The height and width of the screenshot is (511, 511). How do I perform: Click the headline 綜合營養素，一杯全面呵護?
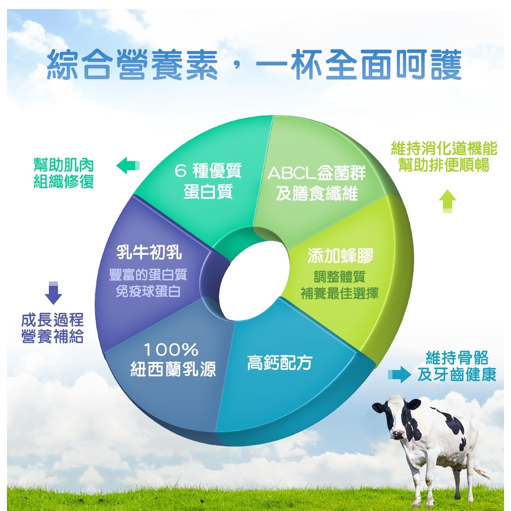tap(254, 65)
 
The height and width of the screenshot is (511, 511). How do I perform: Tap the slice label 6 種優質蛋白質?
tap(208, 181)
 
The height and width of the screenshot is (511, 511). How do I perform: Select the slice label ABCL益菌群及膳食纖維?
tap(316, 183)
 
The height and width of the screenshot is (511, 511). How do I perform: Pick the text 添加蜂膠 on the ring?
tap(340, 255)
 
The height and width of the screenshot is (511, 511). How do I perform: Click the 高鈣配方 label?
tap(279, 362)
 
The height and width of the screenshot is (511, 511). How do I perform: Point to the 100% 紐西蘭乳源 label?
tap(173, 360)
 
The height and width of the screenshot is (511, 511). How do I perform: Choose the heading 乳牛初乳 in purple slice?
tap(149, 252)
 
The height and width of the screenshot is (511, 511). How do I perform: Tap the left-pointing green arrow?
tap(128, 166)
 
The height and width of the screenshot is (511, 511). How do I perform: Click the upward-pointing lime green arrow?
tap(448, 201)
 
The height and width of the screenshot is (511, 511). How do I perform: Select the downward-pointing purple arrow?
tap(53, 293)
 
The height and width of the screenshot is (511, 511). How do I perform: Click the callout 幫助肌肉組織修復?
tap(63, 173)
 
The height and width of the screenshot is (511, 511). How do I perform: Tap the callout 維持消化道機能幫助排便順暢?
tap(444, 156)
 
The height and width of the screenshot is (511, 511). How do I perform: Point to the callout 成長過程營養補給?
tap(52, 328)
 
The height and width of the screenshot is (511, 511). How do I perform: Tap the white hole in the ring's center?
tap(255, 281)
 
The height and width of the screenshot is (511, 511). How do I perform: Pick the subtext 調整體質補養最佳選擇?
tap(339, 285)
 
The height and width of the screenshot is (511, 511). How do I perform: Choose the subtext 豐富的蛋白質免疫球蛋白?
tap(148, 283)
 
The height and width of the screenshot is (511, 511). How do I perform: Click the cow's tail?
tap(482, 473)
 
